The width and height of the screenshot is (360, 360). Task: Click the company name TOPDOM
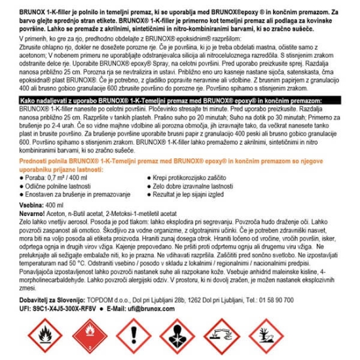[x=115, y=305]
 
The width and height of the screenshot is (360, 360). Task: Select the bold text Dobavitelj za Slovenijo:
[x=52, y=305]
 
